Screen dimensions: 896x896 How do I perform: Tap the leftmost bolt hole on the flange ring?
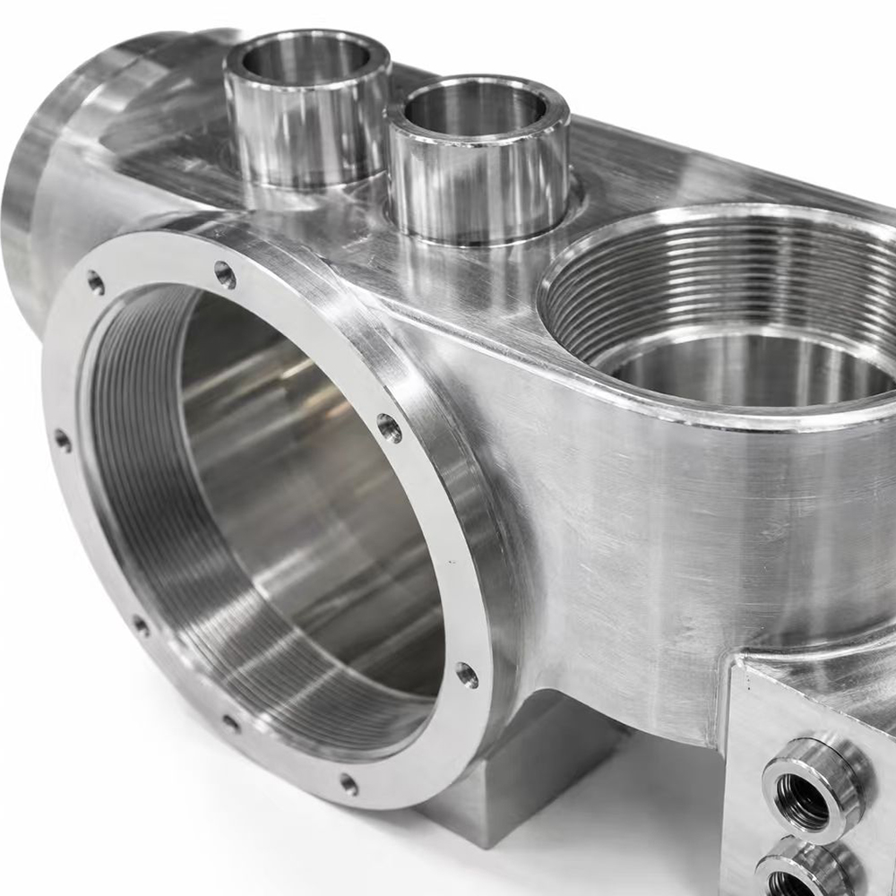62,440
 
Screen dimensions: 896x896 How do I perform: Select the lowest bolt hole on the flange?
349,785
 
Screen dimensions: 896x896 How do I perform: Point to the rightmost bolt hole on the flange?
467,674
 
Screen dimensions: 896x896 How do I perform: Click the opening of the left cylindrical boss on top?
306,59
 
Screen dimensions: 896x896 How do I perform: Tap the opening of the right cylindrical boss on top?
474,108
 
